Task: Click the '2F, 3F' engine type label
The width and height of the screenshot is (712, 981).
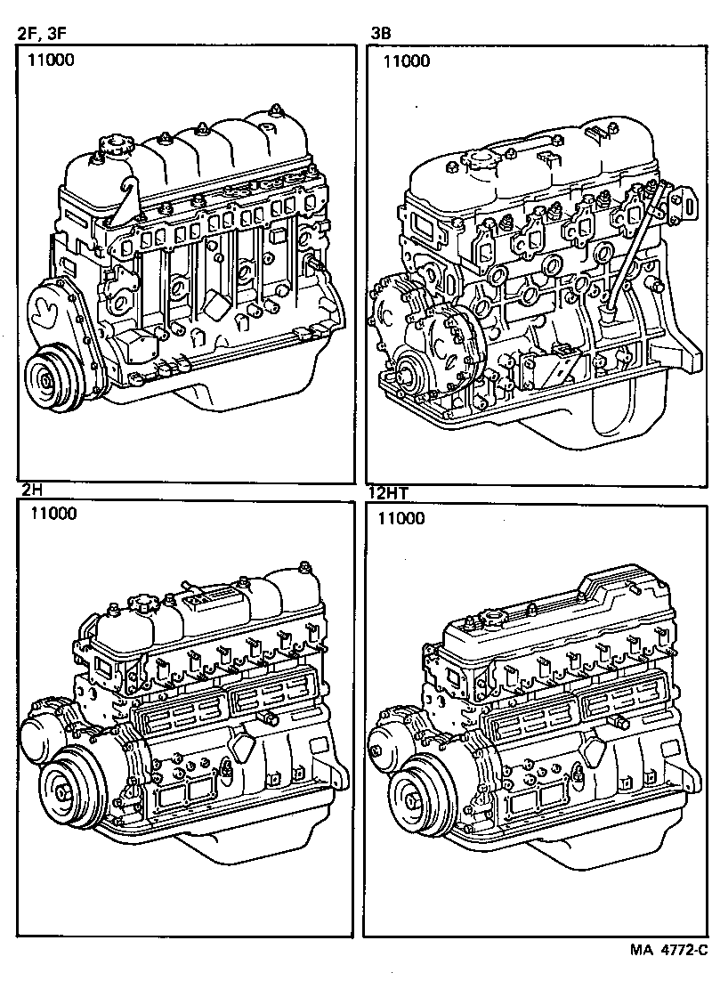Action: (x=42, y=35)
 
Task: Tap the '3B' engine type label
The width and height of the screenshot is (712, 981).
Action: (x=381, y=35)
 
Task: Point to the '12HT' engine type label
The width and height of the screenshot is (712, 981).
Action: (x=388, y=490)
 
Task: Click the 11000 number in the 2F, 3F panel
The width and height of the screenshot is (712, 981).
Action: (x=50, y=61)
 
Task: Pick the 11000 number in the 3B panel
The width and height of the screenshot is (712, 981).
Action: (x=406, y=61)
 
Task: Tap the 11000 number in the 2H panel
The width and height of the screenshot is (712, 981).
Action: (x=53, y=513)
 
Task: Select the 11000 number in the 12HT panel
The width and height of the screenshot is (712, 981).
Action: (x=401, y=518)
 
